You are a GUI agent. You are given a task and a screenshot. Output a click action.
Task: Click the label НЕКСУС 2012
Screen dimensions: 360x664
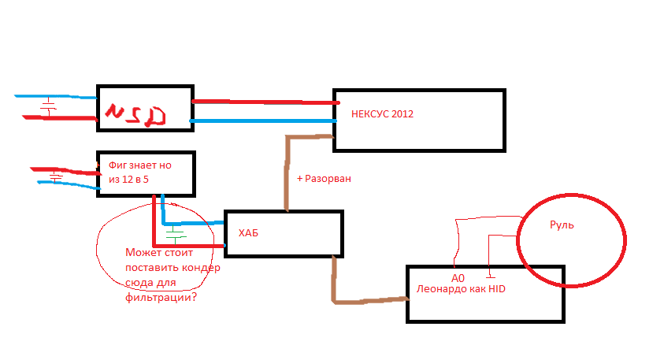pos(383,114)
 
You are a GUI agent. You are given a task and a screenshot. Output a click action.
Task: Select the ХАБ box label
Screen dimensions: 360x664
pos(248,233)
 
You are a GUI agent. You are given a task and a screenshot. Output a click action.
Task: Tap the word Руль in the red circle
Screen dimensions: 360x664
pos(562,225)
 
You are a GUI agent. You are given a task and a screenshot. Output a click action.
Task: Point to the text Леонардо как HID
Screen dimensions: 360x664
pos(461,289)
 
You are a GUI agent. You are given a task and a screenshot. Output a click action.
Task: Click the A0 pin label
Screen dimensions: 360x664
pos(458,278)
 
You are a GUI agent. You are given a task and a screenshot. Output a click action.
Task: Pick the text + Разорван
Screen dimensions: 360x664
pos(324,179)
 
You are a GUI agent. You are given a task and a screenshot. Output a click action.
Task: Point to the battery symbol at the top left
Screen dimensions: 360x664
pos(48,106)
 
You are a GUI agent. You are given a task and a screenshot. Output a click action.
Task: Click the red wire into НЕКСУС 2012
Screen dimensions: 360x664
pos(264,102)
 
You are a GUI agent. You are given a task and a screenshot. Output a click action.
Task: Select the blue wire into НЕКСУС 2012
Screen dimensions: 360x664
pos(264,121)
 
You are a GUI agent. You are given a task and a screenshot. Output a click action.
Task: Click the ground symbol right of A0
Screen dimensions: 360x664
pos(490,275)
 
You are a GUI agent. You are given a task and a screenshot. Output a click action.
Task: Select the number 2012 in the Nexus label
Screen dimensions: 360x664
pos(402,114)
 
